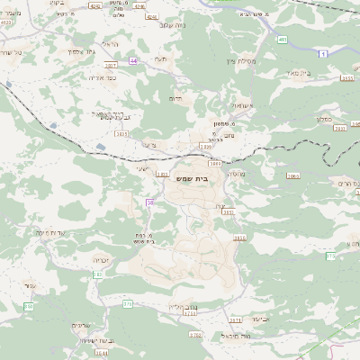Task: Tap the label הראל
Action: (110, 45)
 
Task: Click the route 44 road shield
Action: (134, 60)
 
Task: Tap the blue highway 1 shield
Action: (323, 55)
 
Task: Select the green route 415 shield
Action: (283, 40)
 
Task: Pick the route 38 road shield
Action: (150, 203)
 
